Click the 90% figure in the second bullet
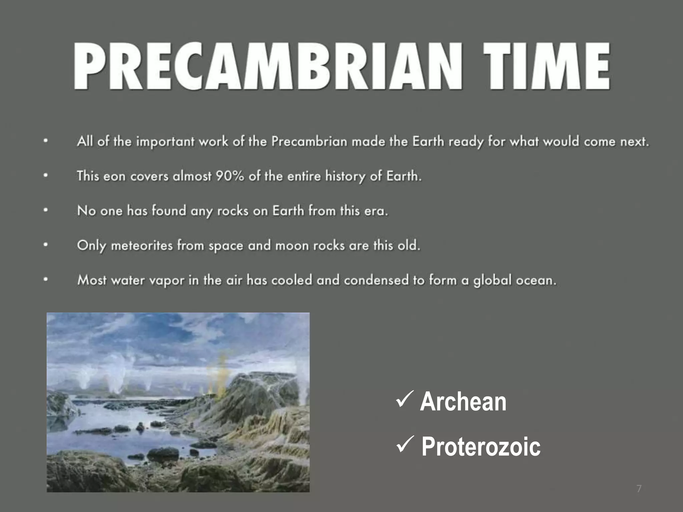point(229,176)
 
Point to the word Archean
point(463,402)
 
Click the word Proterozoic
point(481,447)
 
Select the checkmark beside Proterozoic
point(405,445)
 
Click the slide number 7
point(639,489)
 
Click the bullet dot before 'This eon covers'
point(46,176)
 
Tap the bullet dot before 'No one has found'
point(46,211)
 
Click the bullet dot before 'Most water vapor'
point(46,280)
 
